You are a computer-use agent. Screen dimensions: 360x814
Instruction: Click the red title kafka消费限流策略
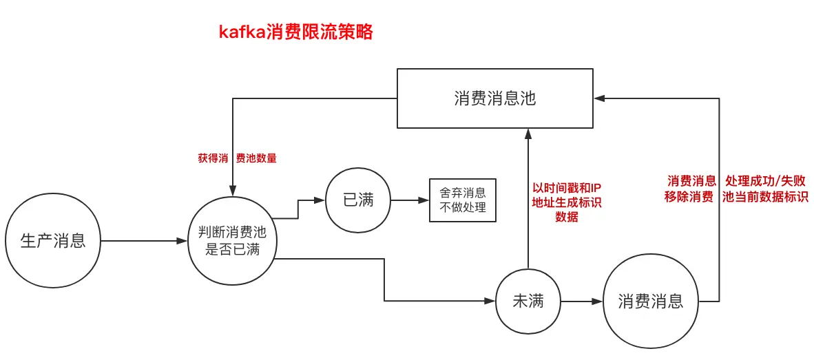tap(295, 32)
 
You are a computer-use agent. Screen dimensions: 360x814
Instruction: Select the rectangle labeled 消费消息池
tap(494, 98)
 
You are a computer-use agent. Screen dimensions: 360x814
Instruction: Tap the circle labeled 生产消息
tap(53, 241)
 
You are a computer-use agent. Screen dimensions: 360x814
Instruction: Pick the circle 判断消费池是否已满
tap(233, 241)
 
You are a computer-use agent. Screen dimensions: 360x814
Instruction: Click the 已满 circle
tap(357, 200)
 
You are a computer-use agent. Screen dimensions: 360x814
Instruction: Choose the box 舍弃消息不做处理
tap(462, 200)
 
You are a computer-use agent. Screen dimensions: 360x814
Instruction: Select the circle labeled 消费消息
tap(650, 301)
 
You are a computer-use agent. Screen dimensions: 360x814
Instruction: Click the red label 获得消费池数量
tap(237, 158)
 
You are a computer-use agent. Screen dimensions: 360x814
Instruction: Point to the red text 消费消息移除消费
tap(691, 189)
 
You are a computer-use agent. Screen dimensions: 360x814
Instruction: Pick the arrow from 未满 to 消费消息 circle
tap(581, 301)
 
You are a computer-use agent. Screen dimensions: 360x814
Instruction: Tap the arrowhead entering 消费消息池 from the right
tap(600, 98)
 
